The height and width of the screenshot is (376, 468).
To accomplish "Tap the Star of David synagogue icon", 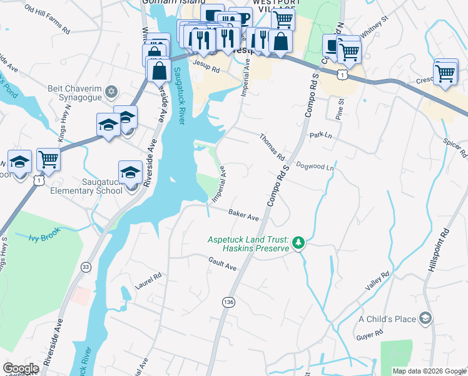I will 111,92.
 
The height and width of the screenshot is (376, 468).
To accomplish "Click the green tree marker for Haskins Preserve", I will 299,243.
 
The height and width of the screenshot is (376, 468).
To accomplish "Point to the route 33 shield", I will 85,267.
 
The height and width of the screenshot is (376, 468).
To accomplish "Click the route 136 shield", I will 229,302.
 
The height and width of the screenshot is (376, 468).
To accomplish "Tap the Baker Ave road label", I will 243,216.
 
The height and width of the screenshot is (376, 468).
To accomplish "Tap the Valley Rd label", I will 377,280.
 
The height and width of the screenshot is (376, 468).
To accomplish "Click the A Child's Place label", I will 387,319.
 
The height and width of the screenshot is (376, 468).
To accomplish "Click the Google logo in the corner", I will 21,368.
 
